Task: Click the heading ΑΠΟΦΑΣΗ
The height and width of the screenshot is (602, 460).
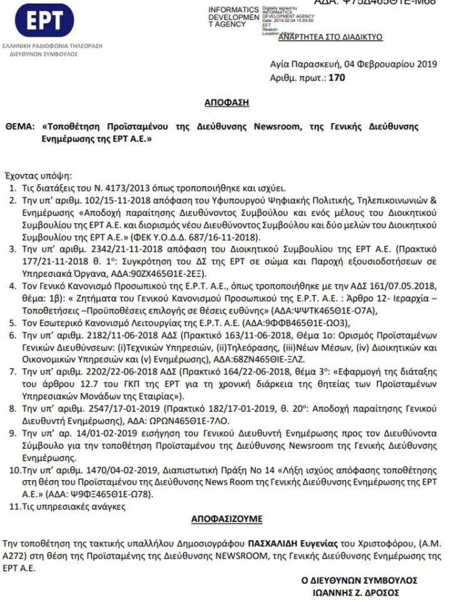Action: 227,103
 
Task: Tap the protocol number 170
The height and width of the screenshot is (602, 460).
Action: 337,78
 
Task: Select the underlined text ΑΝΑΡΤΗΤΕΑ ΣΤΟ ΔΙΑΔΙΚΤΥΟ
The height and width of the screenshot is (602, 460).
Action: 330,37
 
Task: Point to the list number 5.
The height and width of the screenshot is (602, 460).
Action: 13,323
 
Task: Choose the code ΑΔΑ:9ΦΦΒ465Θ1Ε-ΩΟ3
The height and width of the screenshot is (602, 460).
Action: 296,323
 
